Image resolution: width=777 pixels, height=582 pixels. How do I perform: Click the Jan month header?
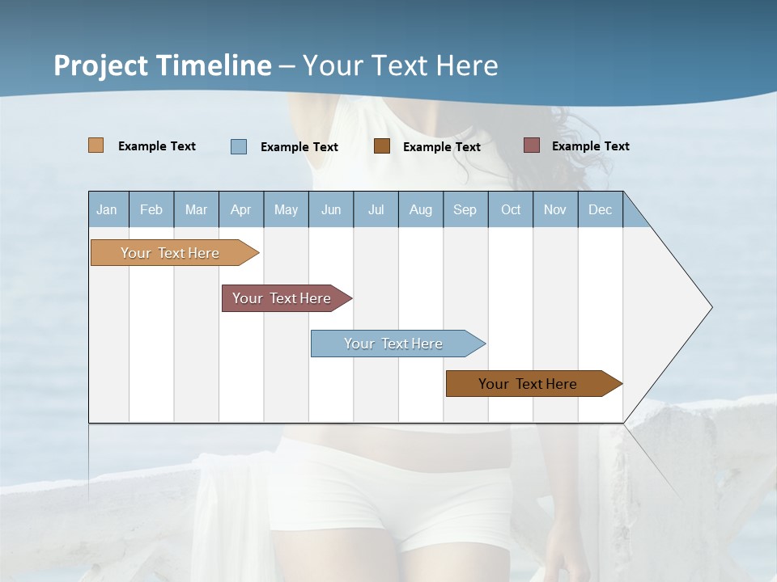click(x=108, y=209)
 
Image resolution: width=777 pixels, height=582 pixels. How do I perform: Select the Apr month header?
click(x=241, y=209)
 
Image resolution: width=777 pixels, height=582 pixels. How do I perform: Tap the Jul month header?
click(x=376, y=209)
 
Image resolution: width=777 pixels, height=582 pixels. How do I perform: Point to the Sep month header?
click(x=465, y=209)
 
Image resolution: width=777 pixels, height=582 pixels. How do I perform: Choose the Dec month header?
click(x=601, y=209)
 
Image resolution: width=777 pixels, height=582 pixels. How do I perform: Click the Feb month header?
click(x=151, y=209)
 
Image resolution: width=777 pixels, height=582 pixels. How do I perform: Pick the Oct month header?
click(x=511, y=209)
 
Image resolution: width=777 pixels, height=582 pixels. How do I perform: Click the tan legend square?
click(x=96, y=145)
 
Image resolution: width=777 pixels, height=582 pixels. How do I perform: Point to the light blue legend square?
click(x=239, y=146)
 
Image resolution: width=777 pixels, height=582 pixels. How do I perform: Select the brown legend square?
click(x=382, y=145)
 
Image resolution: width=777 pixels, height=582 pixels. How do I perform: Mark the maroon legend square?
click(x=531, y=145)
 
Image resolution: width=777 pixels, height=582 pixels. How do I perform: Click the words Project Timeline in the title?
click(x=163, y=65)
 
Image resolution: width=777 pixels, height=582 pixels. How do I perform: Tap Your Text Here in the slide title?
click(x=401, y=65)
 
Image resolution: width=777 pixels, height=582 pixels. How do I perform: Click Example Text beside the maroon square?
click(x=591, y=146)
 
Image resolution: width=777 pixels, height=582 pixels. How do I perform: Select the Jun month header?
click(x=331, y=209)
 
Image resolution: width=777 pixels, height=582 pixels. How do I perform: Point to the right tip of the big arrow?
click(x=711, y=307)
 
